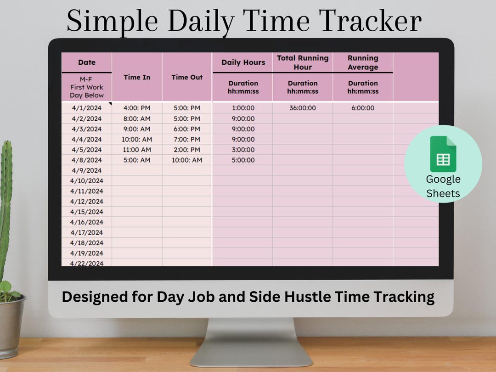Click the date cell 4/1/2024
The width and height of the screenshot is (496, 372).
(87, 108)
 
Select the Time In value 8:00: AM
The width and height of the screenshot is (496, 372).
(137, 118)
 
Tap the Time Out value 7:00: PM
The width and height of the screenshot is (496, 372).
(187, 139)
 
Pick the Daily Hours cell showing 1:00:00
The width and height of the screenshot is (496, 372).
(243, 108)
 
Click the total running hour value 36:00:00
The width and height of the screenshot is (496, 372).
(303, 108)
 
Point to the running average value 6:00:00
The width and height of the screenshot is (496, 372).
(363, 108)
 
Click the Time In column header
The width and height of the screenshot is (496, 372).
(137, 77)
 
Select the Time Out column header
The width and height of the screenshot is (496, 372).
(187, 77)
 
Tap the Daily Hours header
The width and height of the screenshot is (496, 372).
(243, 62)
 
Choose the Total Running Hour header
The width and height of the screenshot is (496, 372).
(303, 62)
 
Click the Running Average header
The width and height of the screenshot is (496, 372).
(363, 62)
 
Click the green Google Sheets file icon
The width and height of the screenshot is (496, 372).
(443, 154)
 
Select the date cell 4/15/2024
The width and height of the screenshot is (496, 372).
(87, 212)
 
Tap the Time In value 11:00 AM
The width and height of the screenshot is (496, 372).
(137, 150)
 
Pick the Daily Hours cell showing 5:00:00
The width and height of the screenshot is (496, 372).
(243, 160)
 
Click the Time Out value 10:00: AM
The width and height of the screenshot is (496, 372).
(187, 160)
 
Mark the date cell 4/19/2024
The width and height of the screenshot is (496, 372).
(87, 253)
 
